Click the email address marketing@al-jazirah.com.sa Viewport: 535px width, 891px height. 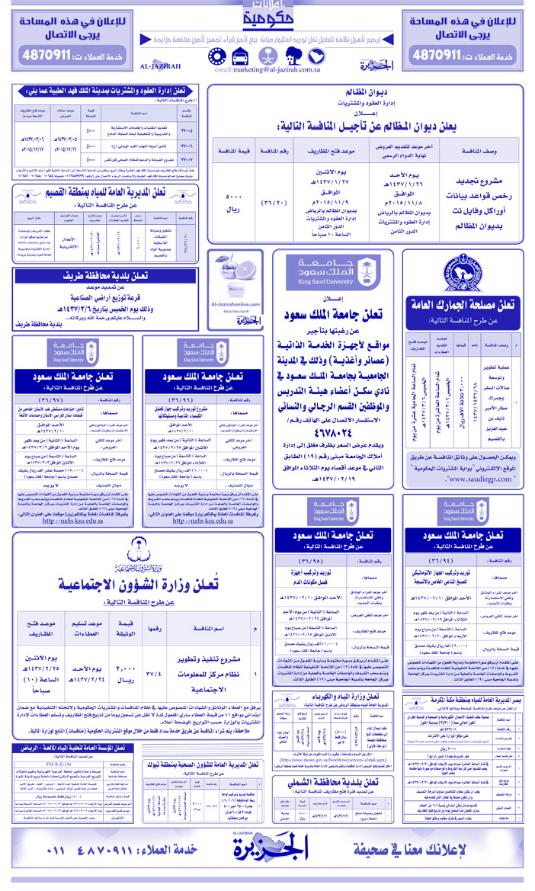coord(267,69)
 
